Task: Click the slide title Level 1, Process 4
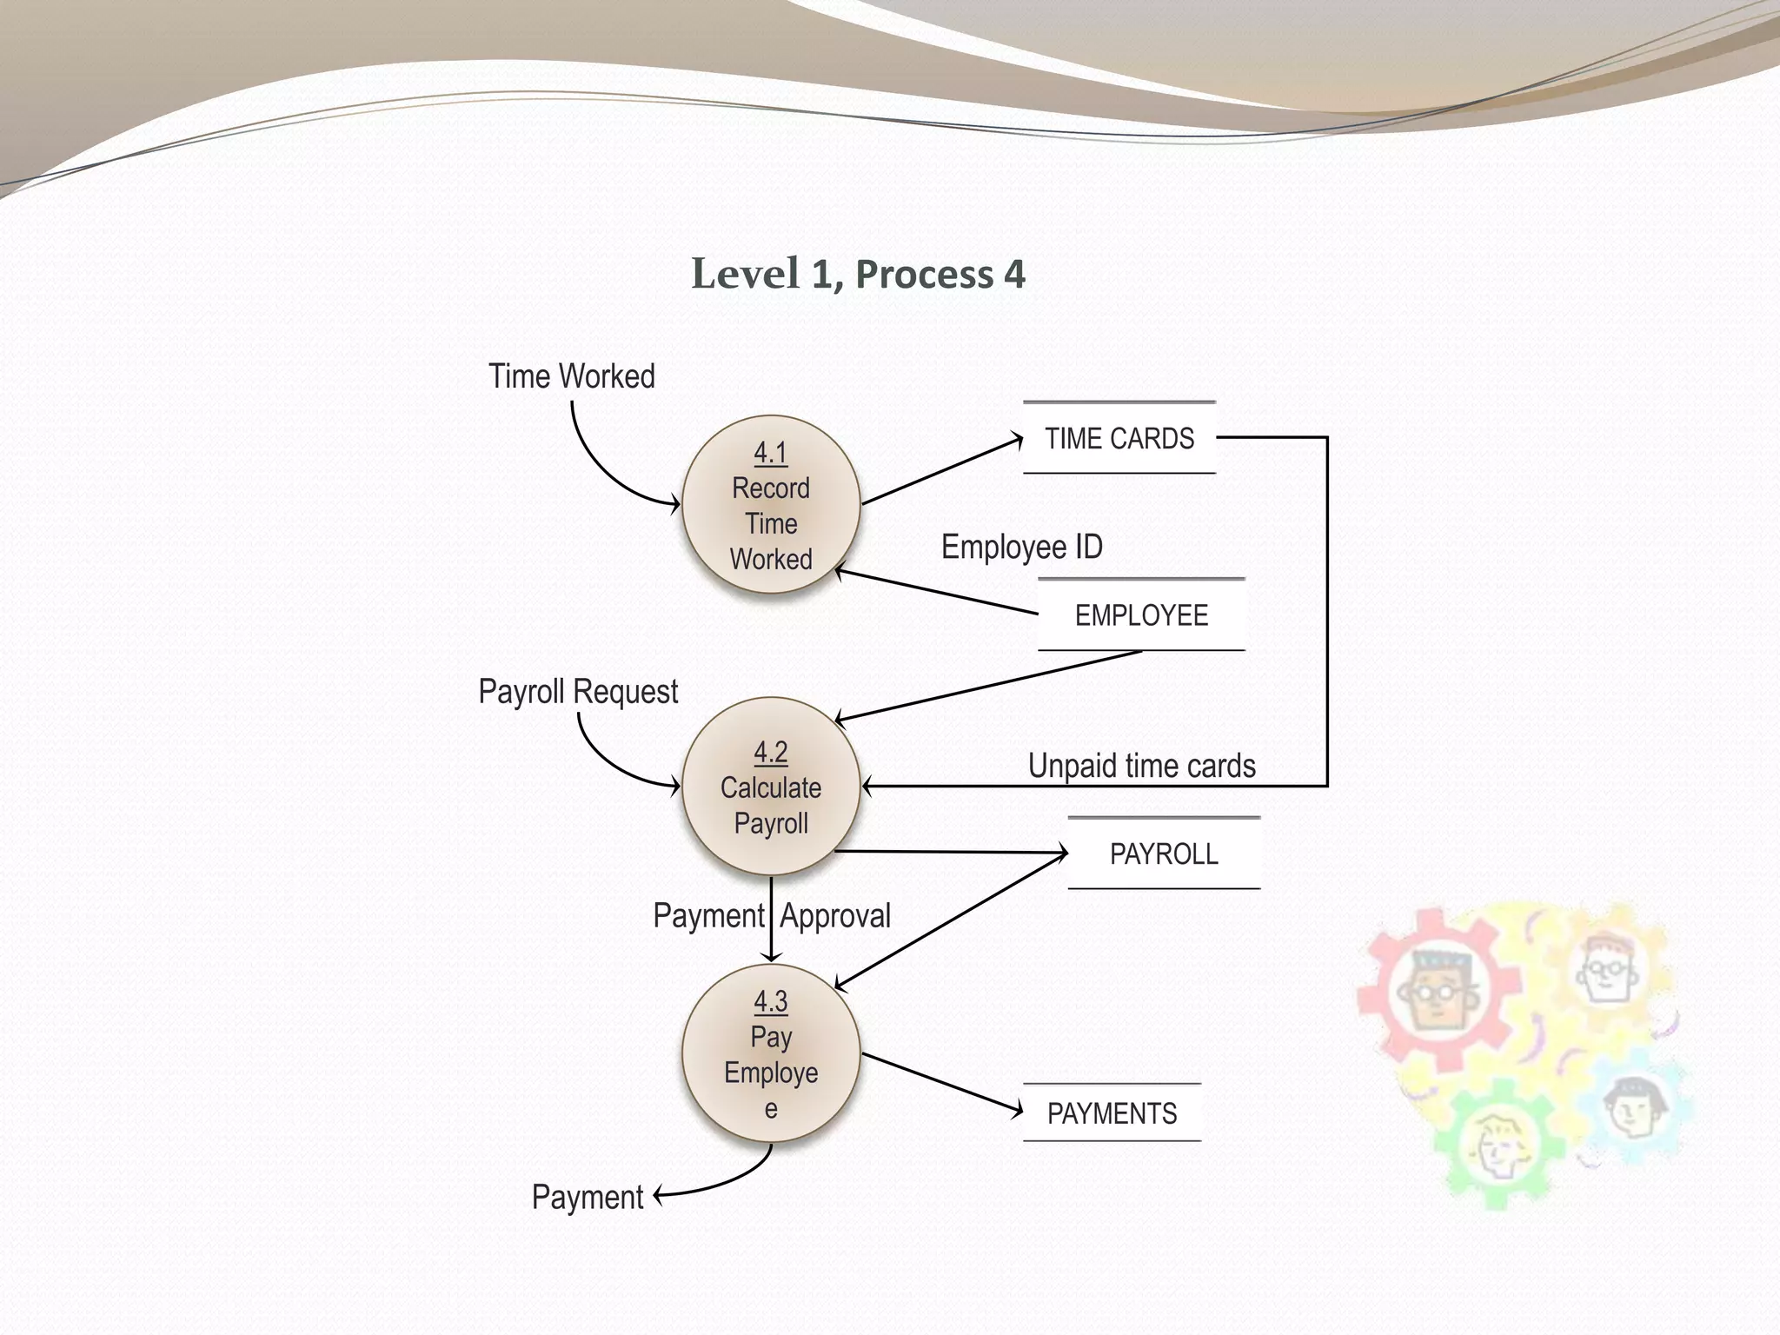(858, 274)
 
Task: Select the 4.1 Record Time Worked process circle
(771, 505)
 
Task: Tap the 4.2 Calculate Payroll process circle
(771, 787)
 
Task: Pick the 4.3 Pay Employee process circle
(771, 1053)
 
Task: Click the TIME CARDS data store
(1119, 438)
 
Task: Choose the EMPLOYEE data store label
(1141, 615)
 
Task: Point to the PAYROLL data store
(1164, 853)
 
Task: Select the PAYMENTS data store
(1112, 1113)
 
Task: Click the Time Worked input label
(571, 376)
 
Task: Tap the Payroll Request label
(578, 692)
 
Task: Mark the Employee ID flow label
(1022, 547)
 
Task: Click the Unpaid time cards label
(1141, 766)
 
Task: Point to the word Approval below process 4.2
(835, 916)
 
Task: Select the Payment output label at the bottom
(588, 1198)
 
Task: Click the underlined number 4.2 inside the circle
(771, 752)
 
